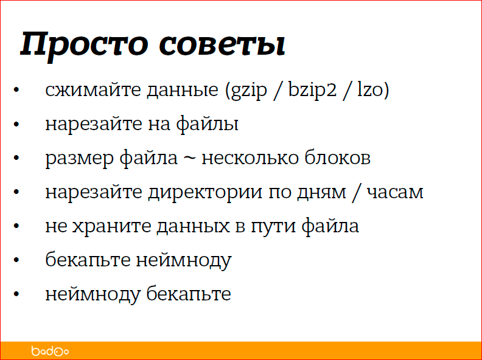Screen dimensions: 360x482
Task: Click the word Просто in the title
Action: point(85,44)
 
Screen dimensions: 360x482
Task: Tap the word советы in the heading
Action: point(223,45)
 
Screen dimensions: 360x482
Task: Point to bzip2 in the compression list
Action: point(314,91)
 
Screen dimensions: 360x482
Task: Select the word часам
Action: point(393,193)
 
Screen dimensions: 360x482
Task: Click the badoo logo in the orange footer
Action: point(50,351)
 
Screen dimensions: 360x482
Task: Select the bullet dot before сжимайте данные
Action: point(17,91)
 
